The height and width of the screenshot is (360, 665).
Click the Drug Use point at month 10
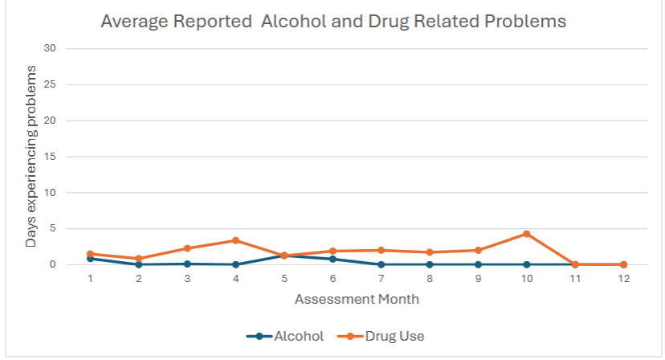[x=526, y=234]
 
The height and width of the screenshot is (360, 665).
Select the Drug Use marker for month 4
[x=235, y=240]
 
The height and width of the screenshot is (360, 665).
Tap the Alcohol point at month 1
[x=90, y=258]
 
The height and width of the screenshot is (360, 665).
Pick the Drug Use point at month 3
[x=187, y=248]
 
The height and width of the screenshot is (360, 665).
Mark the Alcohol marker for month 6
[x=332, y=259]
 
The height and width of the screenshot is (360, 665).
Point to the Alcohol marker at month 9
[x=478, y=264]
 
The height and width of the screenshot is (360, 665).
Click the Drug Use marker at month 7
[x=381, y=250]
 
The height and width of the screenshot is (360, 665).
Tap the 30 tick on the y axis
[x=50, y=48]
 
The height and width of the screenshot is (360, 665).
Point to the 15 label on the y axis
[x=50, y=157]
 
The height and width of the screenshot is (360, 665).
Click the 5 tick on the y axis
[x=52, y=228]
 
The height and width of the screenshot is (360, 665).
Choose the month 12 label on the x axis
[x=623, y=279]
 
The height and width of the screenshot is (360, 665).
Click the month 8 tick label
[x=430, y=279]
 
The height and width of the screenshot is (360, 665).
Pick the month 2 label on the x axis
[x=139, y=279]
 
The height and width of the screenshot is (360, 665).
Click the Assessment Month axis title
[x=357, y=299]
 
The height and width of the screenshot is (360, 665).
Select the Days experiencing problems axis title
[x=31, y=157]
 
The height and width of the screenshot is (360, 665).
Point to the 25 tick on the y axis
[x=50, y=84]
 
